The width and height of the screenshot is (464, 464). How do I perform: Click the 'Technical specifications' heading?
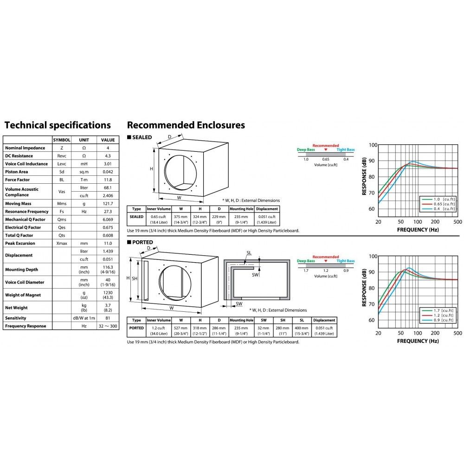coord(58,125)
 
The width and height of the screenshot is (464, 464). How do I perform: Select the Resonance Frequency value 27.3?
coord(108,212)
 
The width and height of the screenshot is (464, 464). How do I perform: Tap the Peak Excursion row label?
coord(20,243)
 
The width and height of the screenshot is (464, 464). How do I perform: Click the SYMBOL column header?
coord(62,140)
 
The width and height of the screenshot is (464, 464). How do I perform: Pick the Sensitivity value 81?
coord(108,318)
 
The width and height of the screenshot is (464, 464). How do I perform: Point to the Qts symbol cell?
coord(62,235)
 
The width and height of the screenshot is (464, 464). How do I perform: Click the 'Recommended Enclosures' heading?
coord(186,125)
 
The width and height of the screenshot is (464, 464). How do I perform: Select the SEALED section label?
coord(142,137)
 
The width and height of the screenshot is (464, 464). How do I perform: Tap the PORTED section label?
coord(142,242)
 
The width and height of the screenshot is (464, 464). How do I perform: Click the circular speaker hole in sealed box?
coord(180,173)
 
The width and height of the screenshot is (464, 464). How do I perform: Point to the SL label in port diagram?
coord(249,253)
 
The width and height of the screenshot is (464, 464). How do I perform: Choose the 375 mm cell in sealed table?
coord(181,219)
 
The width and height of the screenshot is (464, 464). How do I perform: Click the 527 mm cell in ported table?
coord(181,330)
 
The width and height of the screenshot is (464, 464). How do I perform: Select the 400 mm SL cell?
coord(302,330)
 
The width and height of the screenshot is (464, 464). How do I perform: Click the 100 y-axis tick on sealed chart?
coord(373,145)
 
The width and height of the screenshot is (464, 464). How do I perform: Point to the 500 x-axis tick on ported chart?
coord(458,333)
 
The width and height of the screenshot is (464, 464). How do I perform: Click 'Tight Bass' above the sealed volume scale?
coord(346,149)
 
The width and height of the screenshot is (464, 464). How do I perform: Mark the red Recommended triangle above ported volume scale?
coord(326,261)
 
